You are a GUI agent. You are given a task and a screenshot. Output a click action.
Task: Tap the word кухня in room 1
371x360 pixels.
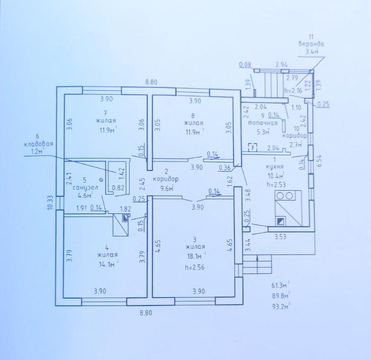tap(275, 167)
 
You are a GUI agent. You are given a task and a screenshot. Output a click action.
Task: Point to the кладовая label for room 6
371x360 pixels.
tap(39, 144)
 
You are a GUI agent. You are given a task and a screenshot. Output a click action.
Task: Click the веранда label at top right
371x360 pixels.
tap(311, 44)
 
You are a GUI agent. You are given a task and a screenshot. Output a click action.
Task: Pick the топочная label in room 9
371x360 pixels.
tap(262, 123)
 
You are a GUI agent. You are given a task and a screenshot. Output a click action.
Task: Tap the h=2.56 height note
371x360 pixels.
tap(195, 267)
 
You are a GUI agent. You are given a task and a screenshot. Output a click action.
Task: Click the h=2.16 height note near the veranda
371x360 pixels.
tap(293, 90)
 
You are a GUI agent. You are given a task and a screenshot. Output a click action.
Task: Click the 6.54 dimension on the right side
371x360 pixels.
tap(319, 161)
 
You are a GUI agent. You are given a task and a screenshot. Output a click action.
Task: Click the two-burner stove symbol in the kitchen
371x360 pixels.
tap(285, 196)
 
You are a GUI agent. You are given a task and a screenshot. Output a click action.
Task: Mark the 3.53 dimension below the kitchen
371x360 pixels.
tap(280, 237)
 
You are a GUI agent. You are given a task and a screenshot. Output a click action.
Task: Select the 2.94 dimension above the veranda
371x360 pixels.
tap(282, 65)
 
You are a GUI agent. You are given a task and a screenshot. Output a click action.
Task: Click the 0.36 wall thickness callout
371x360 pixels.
tap(224, 167)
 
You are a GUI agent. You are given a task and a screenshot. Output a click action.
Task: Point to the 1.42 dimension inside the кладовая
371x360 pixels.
tap(122, 173)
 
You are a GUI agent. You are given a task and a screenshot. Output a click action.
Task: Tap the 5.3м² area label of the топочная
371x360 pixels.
tap(263, 132)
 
